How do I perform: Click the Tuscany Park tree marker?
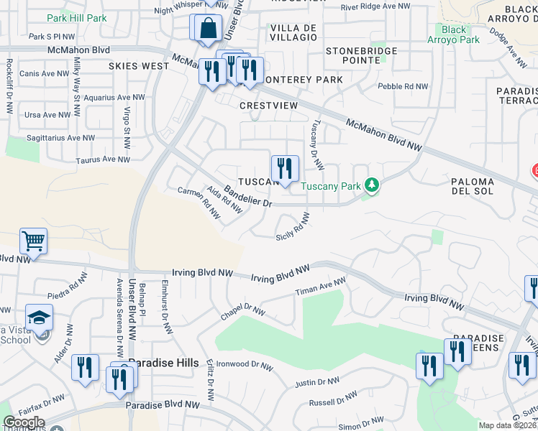pyautogui.click(x=372, y=185)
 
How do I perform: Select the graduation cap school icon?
pyautogui.click(x=39, y=316)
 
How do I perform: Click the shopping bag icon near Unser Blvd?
pyautogui.click(x=208, y=29)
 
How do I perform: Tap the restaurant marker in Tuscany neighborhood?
pyautogui.click(x=285, y=169)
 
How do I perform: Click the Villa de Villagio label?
pyautogui.click(x=293, y=32)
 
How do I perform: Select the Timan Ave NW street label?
pyautogui.click(x=321, y=287)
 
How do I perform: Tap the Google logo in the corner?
pyautogui.click(x=24, y=422)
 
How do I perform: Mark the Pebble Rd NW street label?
pyautogui.click(x=403, y=86)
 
